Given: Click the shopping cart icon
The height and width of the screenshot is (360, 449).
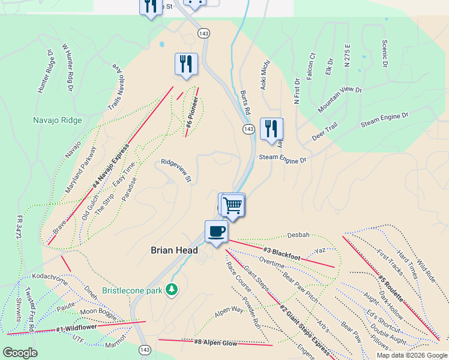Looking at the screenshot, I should pos(232,205).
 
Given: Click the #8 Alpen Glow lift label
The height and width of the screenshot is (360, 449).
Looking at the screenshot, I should pos(215,343).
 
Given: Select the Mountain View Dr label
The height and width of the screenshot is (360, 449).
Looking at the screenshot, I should pos(340,100).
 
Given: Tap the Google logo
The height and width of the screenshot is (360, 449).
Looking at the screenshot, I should pos(20,353).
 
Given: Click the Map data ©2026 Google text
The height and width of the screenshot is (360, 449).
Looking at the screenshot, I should pos(412,355).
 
